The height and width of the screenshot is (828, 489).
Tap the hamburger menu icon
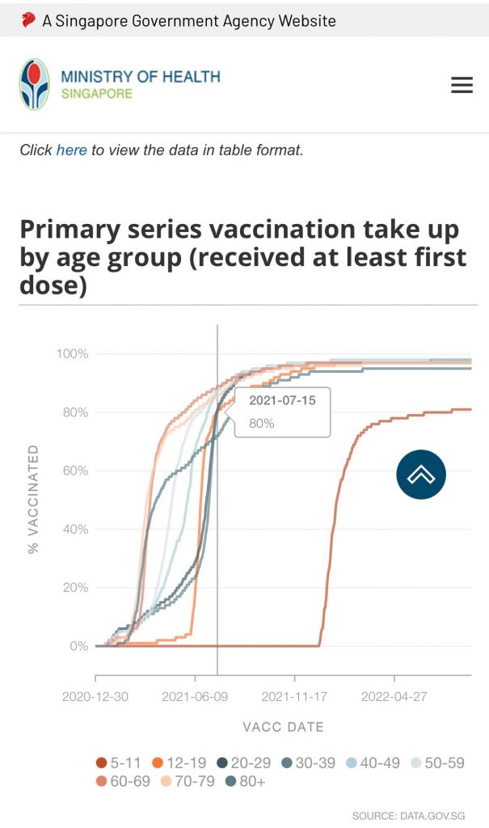point(462,85)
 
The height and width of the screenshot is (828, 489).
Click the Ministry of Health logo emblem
point(34,84)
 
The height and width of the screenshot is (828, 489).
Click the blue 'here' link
point(71,150)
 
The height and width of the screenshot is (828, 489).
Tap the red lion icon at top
point(28,20)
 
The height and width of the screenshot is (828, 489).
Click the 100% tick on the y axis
point(72,354)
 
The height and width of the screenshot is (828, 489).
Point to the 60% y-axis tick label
point(74,471)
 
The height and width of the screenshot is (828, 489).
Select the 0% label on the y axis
point(78,646)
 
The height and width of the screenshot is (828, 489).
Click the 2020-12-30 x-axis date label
point(95,696)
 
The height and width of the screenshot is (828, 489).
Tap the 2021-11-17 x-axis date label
point(294,696)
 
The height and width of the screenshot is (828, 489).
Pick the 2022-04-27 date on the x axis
point(394,696)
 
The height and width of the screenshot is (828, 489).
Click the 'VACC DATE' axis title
point(283,727)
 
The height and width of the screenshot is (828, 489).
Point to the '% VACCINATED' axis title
point(33,499)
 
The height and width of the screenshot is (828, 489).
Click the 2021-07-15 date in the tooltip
point(282,401)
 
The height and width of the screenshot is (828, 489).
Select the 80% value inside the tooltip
point(262,423)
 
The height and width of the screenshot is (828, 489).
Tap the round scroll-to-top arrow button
point(421,475)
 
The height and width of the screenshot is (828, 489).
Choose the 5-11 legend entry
point(119,763)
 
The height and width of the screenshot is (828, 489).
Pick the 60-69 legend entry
point(119,781)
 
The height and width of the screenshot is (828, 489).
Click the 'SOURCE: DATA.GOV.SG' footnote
point(408,816)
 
